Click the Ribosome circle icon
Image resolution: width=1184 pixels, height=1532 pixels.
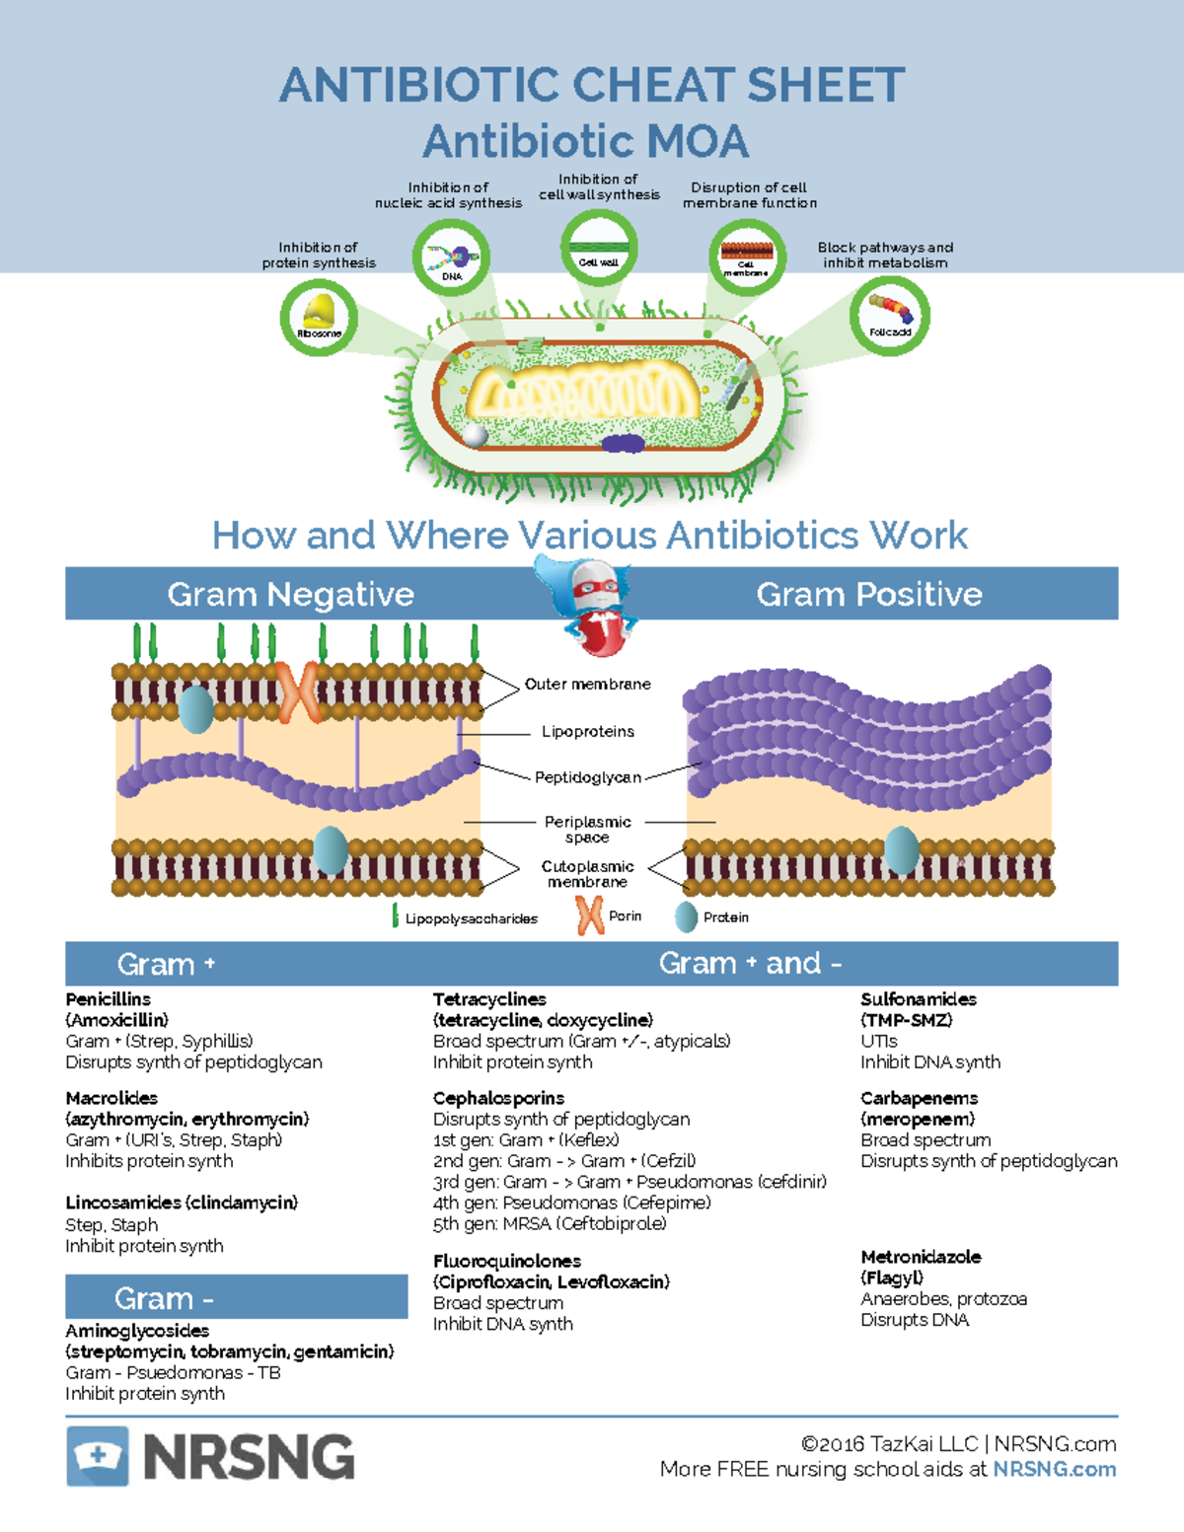click(x=319, y=317)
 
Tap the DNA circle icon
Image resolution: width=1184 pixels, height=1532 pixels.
click(x=452, y=258)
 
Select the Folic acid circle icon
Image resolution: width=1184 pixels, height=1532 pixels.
click(x=890, y=316)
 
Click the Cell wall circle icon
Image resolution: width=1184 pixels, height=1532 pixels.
click(x=599, y=250)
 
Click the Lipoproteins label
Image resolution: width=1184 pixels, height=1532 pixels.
click(x=587, y=732)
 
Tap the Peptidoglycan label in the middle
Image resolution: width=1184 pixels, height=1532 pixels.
click(x=587, y=777)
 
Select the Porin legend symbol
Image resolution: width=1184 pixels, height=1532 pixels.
click(x=590, y=916)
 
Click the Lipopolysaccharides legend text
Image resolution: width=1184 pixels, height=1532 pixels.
click(x=471, y=918)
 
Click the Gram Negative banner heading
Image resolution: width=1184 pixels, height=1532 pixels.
click(x=290, y=594)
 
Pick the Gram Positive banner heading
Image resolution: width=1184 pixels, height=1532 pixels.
click(x=868, y=594)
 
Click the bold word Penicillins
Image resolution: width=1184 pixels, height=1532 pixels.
click(x=109, y=999)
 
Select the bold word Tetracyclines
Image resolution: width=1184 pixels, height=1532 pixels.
click(x=489, y=999)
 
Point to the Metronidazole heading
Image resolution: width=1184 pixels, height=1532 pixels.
click(x=921, y=1257)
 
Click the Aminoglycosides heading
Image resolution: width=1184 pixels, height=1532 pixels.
click(x=137, y=1331)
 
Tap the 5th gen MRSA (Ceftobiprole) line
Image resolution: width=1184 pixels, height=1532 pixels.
click(x=550, y=1224)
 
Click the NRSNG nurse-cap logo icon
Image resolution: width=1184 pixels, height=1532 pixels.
click(x=98, y=1456)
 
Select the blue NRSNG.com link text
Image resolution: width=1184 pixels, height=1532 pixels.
click(x=1054, y=1469)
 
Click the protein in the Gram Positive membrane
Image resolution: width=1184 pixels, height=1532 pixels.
click(x=901, y=850)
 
